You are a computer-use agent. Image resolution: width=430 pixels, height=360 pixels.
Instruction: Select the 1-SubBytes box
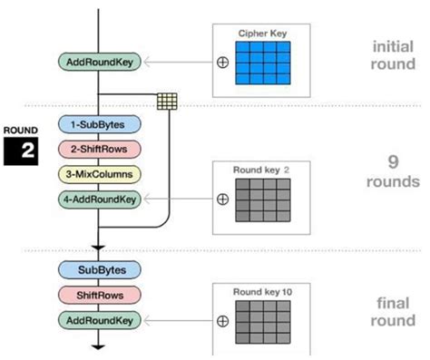point(97,124)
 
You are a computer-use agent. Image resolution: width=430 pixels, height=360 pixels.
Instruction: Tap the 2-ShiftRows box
point(97,148)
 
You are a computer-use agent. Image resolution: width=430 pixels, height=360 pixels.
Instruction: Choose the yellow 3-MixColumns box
point(97,172)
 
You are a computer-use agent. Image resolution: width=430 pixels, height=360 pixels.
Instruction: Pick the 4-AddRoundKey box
point(97,196)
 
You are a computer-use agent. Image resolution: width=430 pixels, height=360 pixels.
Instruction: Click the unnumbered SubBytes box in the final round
point(98,270)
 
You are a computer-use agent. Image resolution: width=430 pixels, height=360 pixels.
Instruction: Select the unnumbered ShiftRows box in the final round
point(98,295)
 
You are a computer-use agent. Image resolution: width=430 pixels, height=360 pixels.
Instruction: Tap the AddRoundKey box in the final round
point(99,319)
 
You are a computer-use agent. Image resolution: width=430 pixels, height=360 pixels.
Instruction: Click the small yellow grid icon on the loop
point(166,101)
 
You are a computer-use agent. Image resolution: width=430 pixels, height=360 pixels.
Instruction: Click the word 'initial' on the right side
point(394,45)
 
